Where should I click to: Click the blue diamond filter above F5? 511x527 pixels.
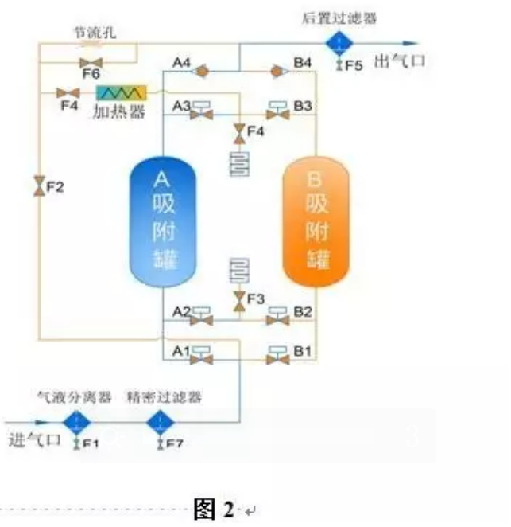338,41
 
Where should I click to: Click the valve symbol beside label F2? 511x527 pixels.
39,189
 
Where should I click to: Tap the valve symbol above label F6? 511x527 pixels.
87,61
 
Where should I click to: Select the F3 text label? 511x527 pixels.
255,299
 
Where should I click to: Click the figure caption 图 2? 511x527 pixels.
215,509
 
